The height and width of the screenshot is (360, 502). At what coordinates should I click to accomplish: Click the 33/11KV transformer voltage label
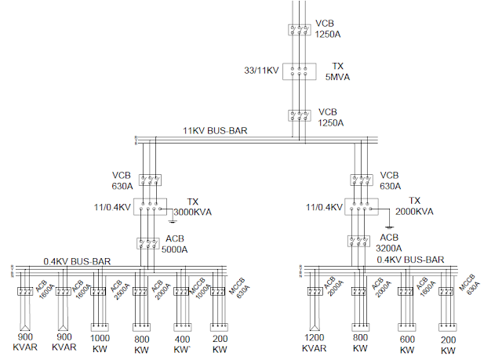pyautogui.click(x=261, y=71)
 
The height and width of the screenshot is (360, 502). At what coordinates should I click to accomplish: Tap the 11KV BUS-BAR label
pyautogui.click(x=215, y=131)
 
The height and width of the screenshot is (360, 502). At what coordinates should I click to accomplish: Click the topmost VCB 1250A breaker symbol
pyautogui.click(x=299, y=30)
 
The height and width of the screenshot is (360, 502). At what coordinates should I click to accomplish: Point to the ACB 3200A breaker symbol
pyautogui.click(x=361, y=242)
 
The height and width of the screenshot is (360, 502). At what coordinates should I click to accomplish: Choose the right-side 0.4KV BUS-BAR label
pyautogui.click(x=410, y=259)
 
